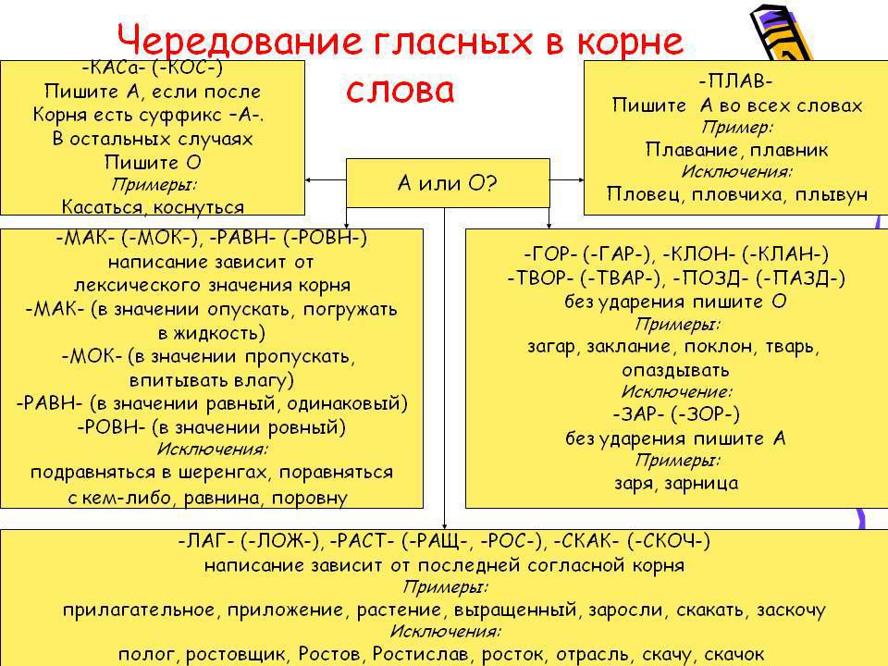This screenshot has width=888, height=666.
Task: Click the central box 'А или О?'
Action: (x=448, y=183)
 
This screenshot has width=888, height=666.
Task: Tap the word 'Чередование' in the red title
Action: (x=239, y=41)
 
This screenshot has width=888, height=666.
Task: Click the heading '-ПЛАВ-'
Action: (x=735, y=81)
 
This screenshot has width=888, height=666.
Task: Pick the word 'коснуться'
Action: (x=198, y=207)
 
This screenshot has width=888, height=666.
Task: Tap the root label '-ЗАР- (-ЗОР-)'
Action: (x=676, y=414)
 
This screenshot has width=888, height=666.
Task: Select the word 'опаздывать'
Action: (x=675, y=370)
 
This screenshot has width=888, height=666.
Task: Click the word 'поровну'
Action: (x=310, y=498)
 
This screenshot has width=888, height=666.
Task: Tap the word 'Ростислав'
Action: (x=421, y=654)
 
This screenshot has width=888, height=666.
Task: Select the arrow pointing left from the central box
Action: (x=326, y=180)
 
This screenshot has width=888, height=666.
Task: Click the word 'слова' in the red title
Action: (x=401, y=91)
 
